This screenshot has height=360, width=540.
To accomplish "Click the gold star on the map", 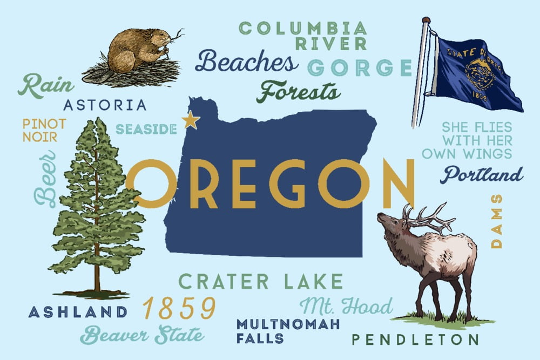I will [x=191, y=120].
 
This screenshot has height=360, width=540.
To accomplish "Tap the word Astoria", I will [x=105, y=105].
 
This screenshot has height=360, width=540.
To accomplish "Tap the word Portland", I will [x=482, y=175].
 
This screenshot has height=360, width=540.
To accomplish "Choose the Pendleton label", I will [x=415, y=339].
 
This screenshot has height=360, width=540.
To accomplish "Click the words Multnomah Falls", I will [x=288, y=331].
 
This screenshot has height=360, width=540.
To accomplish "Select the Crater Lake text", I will [x=261, y=282].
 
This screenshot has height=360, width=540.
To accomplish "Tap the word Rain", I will [x=41, y=86].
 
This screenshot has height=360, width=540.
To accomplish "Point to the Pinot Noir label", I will [x=44, y=130].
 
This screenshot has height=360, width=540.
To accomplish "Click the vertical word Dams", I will [x=496, y=221].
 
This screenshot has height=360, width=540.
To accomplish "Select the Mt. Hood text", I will [x=346, y=307].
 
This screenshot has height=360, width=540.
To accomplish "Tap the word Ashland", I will [x=78, y=311].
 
